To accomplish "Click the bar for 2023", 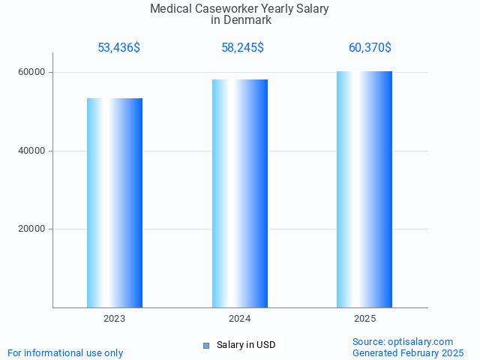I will point(115,202).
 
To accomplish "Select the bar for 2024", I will point(240,193).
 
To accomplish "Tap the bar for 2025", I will point(364,189).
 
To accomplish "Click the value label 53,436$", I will point(118,48).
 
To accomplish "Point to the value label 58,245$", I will point(242,48).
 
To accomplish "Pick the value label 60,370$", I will point(370,48).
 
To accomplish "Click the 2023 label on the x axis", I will point(115,319).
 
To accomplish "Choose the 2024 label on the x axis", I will point(240,319).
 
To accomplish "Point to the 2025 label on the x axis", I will point(364,319).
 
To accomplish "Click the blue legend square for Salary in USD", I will point(206,346).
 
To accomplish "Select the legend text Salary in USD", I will point(246,345).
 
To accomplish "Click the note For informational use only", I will point(65,352).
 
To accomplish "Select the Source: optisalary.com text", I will point(403,341).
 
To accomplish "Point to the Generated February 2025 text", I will point(408,352).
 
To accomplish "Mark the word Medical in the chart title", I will point(171,9).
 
